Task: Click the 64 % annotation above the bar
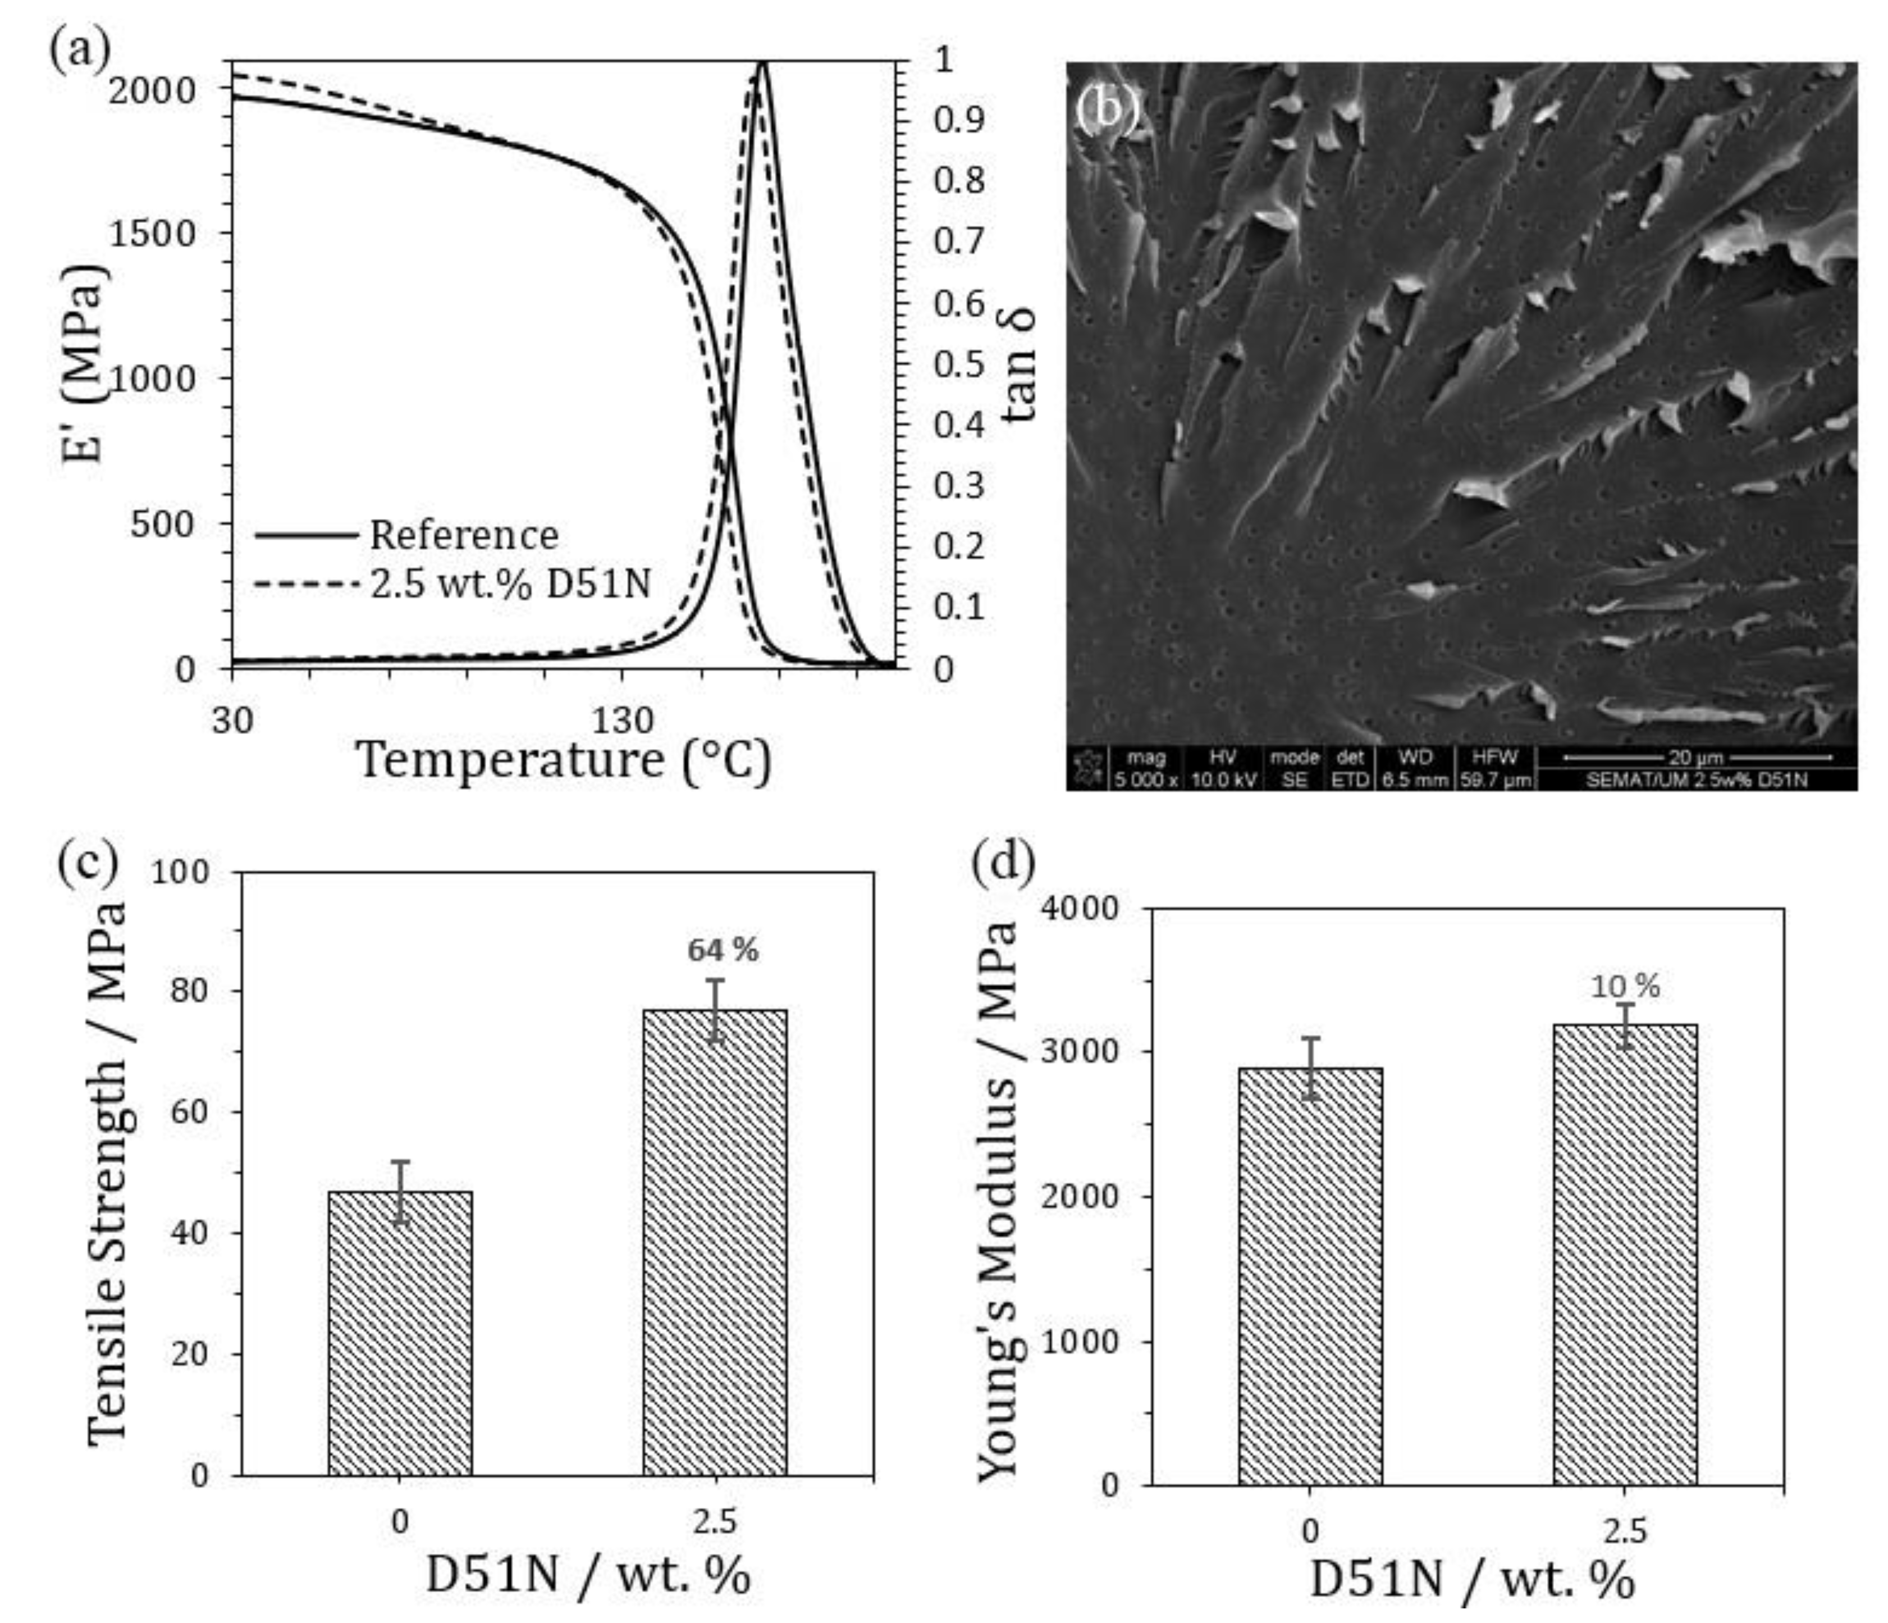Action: point(721,950)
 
